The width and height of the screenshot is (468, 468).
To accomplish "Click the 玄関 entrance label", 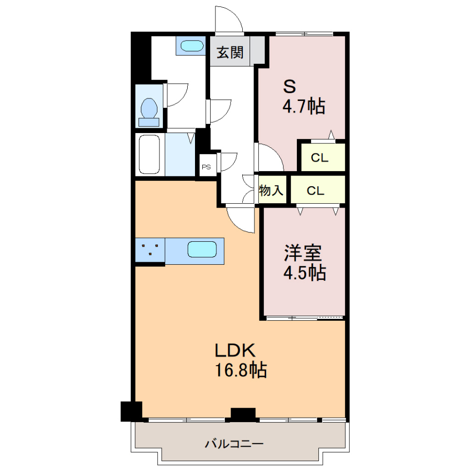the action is pos(230,53).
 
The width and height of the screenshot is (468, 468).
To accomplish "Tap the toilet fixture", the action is pos(149,112).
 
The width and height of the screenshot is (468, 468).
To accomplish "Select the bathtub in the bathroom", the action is pos(149,155).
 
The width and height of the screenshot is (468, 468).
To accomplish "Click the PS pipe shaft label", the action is pos(206,167).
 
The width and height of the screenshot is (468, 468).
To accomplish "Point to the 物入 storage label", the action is pos(271,190).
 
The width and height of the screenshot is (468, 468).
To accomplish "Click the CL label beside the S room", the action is pos(319,157).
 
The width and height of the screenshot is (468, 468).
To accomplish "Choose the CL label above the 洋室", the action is pos(315,191).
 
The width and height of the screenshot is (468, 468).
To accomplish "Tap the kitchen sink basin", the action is pos(202,249).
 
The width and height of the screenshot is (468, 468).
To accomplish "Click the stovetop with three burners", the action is pos(150,250).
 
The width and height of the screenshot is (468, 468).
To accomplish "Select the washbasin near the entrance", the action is pos(192,46).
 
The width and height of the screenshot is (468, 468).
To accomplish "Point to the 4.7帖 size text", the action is pos(304,106).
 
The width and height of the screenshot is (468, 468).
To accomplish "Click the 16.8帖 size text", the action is pos(241,370).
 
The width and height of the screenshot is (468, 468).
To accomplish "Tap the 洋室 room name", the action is pos(303,253).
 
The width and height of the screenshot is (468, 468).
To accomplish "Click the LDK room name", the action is pos(235,351).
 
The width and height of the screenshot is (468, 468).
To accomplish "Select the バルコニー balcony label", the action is pos(234,444).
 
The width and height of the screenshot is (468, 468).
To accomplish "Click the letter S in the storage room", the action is pos(290,87).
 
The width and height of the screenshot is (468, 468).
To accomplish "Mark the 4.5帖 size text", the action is pos(304,273).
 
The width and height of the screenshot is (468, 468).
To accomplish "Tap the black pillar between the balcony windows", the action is pos(243,414).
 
